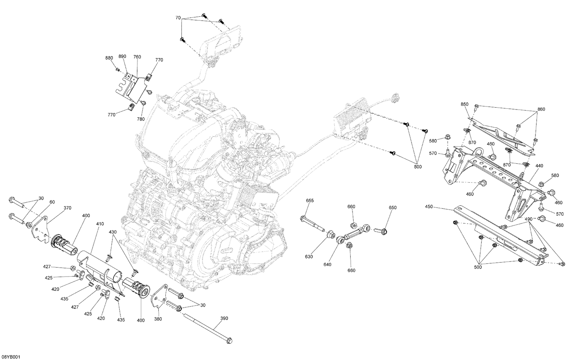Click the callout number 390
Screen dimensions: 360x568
click(224, 319)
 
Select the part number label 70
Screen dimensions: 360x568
click(178, 18)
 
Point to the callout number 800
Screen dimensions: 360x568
click(418, 166)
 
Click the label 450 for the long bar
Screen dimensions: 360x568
click(429, 207)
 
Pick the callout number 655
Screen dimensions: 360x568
click(310, 200)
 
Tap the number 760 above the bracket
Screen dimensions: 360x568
click(137, 57)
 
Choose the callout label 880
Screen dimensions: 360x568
click(109, 58)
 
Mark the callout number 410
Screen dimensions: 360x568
click(100, 224)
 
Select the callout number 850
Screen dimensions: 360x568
click(465, 104)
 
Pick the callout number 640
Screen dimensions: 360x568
click(327, 264)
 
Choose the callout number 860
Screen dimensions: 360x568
click(541, 109)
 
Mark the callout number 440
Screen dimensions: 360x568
click(539, 166)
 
